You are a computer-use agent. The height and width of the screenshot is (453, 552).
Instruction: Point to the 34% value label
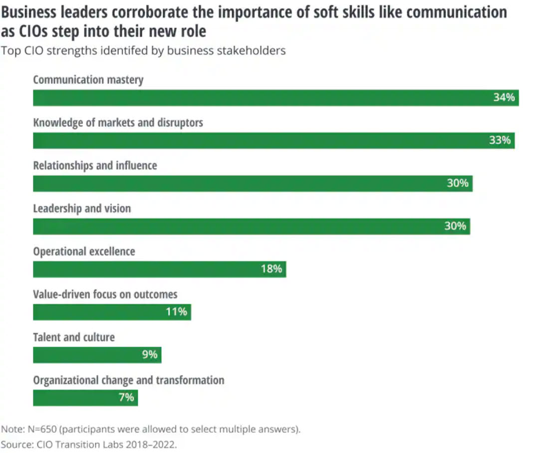click(x=504, y=98)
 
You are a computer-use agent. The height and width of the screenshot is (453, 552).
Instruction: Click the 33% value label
click(x=500, y=141)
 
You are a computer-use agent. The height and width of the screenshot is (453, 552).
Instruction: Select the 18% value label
click(x=271, y=269)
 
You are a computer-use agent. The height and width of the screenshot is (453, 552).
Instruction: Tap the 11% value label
click(x=176, y=312)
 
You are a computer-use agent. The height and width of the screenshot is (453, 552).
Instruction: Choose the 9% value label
click(x=149, y=355)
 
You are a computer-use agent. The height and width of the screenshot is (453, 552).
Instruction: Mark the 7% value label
click(x=126, y=398)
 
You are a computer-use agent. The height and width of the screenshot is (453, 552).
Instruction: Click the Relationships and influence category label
click(x=95, y=165)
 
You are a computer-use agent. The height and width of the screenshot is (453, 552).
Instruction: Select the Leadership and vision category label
click(x=82, y=208)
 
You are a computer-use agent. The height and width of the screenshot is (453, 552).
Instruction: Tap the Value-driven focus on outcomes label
click(x=105, y=294)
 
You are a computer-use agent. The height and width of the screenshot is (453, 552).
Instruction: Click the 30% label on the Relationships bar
click(x=457, y=184)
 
